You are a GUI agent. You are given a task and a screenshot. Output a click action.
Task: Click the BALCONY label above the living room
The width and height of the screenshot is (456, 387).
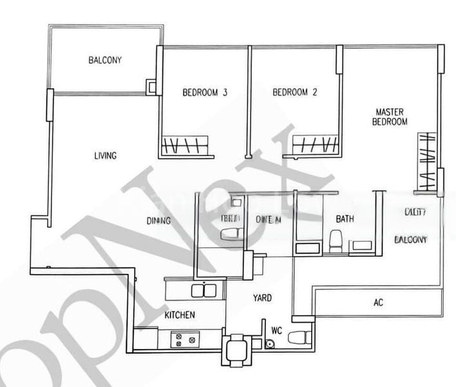pos(105,61)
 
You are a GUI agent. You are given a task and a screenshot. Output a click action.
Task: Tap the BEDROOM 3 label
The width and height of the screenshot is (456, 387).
pos(205,92)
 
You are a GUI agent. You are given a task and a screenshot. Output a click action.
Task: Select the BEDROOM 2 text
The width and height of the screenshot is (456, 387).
pos(295,92)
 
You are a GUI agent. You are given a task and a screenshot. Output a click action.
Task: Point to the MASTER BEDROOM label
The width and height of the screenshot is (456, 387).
pos(392,117)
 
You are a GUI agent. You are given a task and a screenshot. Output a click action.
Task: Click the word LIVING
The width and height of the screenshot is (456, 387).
pos(105,155)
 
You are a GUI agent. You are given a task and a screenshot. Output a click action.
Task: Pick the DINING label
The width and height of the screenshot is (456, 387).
pos(158,221)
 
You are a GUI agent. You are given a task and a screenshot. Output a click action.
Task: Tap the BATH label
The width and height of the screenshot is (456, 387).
pos(345,219)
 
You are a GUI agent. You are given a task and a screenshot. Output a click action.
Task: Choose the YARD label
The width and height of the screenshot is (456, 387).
pos(261,298)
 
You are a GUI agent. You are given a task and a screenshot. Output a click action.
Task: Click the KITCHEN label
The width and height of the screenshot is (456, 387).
pos(179,315)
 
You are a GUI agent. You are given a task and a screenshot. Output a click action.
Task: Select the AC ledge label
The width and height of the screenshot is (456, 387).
pos(378,303)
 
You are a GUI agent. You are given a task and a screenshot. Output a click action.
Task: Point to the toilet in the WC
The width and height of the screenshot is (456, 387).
pos(298,337)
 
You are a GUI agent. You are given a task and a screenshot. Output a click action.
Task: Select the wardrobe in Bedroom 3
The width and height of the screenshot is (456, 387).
pos(186,147)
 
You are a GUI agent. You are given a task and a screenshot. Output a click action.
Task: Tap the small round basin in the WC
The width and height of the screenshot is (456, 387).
pos(269,343)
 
